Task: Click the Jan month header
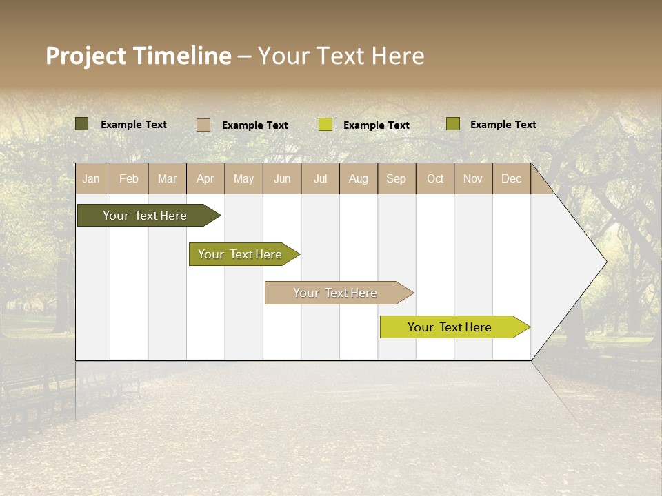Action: [x=92, y=178]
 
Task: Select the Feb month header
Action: [x=129, y=178]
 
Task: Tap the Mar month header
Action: [x=167, y=178]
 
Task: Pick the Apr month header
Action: [x=205, y=178]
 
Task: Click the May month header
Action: [x=243, y=178]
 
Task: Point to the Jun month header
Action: [x=282, y=178]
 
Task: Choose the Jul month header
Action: [x=320, y=178]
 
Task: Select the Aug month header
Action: [x=359, y=178]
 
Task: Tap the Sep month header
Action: [x=397, y=178]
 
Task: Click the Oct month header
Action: [x=435, y=178]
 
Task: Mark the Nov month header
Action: [x=473, y=178]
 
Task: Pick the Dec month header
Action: [x=512, y=178]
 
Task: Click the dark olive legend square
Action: [x=82, y=124]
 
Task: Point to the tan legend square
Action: [x=203, y=125]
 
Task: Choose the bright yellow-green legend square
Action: [x=325, y=125]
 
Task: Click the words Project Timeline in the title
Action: [x=139, y=56]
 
